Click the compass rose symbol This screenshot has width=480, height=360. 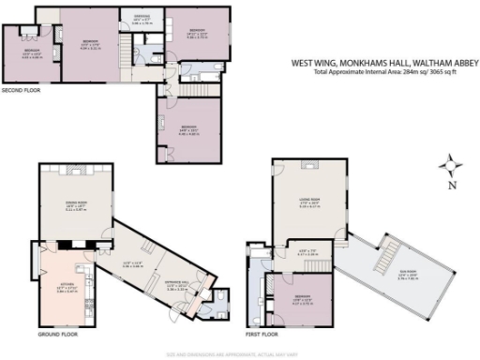(452, 165)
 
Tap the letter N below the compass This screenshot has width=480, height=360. (451, 186)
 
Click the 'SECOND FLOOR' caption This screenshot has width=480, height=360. (20, 91)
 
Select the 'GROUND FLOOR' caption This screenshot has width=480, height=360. (58, 334)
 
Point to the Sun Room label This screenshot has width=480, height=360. (406, 275)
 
